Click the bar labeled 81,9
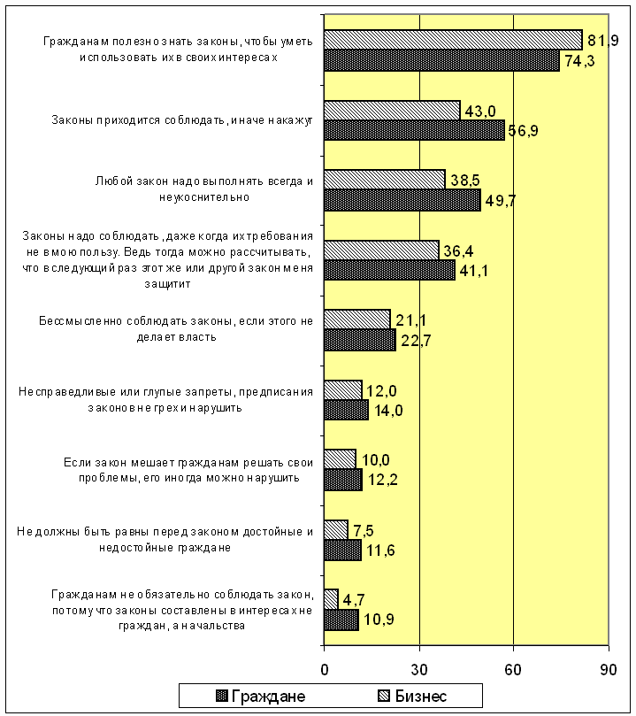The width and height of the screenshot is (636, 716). [453, 40]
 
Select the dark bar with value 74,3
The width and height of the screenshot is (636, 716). [441, 60]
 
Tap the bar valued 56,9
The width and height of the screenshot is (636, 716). [414, 130]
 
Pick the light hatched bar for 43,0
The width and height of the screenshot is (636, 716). [393, 110]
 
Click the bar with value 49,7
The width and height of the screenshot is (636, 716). [402, 200]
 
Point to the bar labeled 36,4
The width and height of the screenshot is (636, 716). [381, 250]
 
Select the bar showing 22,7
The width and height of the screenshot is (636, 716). [360, 340]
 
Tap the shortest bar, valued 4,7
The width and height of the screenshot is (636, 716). [331, 599]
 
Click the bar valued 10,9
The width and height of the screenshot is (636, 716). [341, 620]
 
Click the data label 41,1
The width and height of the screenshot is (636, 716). [473, 271]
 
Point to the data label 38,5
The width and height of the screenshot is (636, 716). [465, 181]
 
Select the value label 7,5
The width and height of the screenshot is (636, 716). [364, 531]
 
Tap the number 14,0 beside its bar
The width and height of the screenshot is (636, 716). [388, 411]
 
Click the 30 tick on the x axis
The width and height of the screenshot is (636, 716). [419, 669]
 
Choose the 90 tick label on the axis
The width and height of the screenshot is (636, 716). [609, 669]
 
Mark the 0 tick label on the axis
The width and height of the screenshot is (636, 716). [325, 669]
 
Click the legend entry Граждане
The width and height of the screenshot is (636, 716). [261, 696]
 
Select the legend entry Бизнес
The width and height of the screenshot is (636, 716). [412, 696]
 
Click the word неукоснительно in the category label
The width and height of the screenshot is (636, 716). [204, 197]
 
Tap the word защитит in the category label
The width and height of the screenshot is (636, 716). [167, 284]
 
